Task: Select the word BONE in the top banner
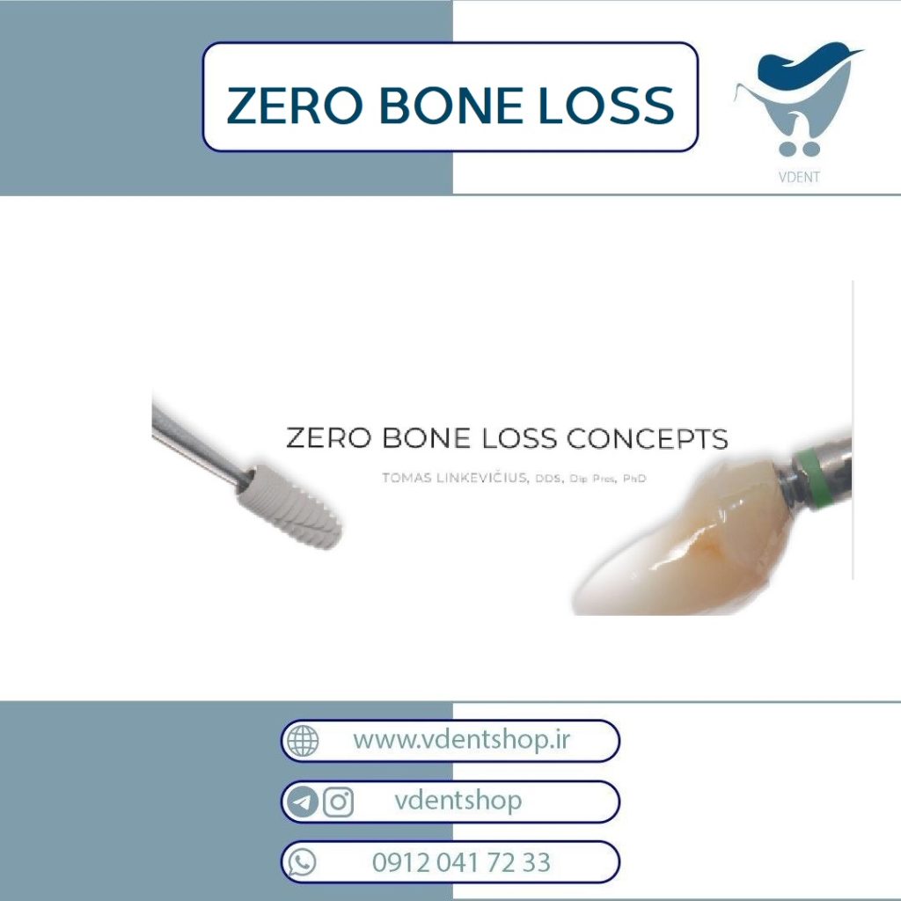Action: click(450, 106)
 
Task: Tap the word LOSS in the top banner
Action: click(606, 106)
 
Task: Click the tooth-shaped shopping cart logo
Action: click(799, 98)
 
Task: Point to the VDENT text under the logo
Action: click(799, 177)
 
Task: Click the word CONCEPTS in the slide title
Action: click(648, 438)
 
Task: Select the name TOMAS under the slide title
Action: click(407, 478)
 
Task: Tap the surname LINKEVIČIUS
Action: click(482, 477)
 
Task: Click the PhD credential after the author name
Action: click(634, 478)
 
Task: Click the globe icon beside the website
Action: click(303, 741)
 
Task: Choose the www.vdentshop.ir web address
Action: click(461, 740)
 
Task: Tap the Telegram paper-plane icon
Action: click(303, 802)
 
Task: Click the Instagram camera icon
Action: click(338, 802)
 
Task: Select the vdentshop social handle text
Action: click(458, 801)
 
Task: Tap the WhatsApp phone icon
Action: click(303, 862)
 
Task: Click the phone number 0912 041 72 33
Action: click(461, 862)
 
